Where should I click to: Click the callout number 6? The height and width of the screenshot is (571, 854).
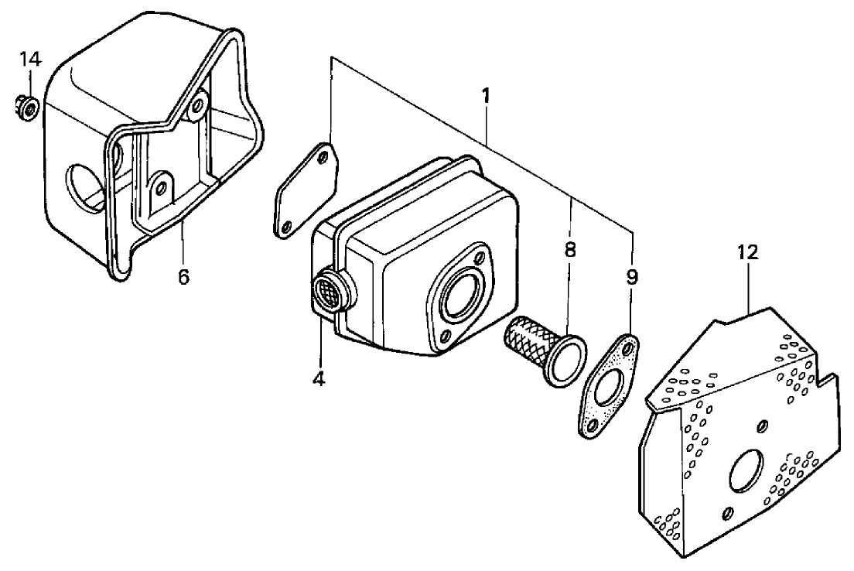tap(183, 276)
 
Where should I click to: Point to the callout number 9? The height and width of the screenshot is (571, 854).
tap(632, 277)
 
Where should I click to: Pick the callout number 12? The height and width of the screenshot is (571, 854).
tap(747, 251)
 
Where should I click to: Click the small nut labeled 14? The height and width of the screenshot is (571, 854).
tap(27, 108)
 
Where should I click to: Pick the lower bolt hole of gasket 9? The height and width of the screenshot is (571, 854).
tap(593, 426)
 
